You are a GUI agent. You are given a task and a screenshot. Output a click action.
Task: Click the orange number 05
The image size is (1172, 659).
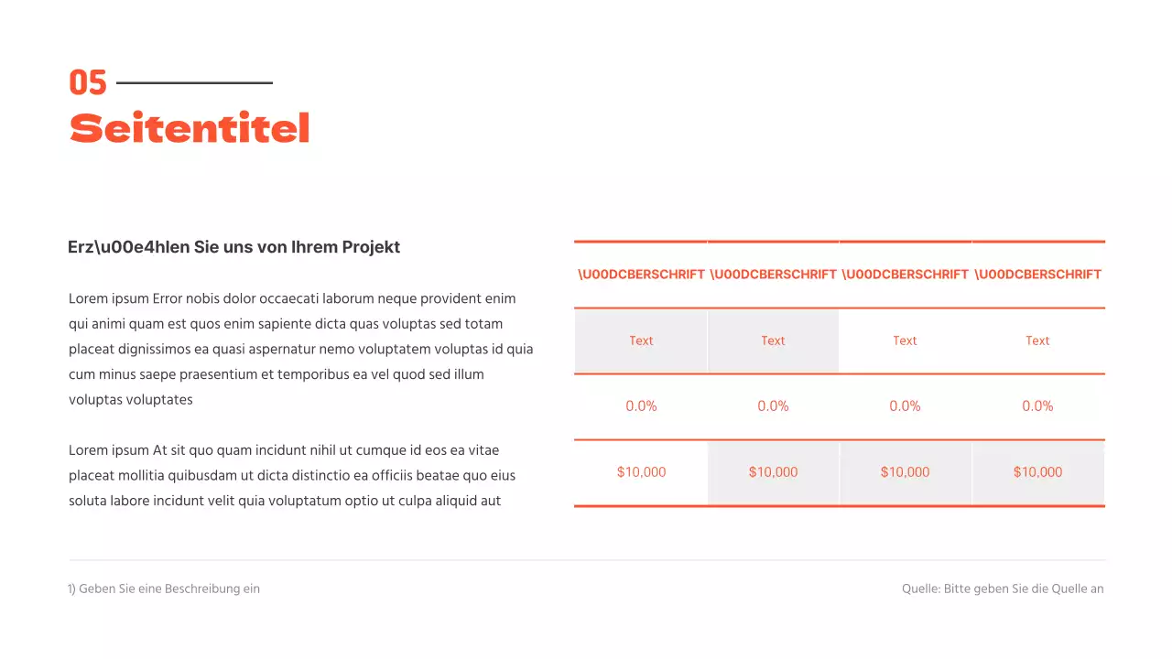tap(88, 83)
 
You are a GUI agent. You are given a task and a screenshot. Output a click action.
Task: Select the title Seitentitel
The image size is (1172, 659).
tap(190, 129)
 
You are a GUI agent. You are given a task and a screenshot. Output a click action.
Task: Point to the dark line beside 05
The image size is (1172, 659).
tap(194, 83)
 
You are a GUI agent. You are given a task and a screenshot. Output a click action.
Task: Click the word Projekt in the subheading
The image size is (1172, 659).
tap(371, 247)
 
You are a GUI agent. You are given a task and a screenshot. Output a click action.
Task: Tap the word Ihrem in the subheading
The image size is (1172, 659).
tap(313, 247)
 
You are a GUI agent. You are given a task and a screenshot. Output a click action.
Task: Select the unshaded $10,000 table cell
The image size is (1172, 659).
tap(641, 472)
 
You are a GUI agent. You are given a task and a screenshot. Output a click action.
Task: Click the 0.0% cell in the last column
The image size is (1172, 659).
tap(1037, 406)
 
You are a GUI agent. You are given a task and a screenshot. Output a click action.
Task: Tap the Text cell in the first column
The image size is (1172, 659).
tap(641, 340)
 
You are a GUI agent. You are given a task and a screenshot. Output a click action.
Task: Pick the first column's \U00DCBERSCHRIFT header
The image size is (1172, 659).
tap(641, 275)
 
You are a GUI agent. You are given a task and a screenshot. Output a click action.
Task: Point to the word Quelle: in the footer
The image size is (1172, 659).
tap(920, 589)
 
